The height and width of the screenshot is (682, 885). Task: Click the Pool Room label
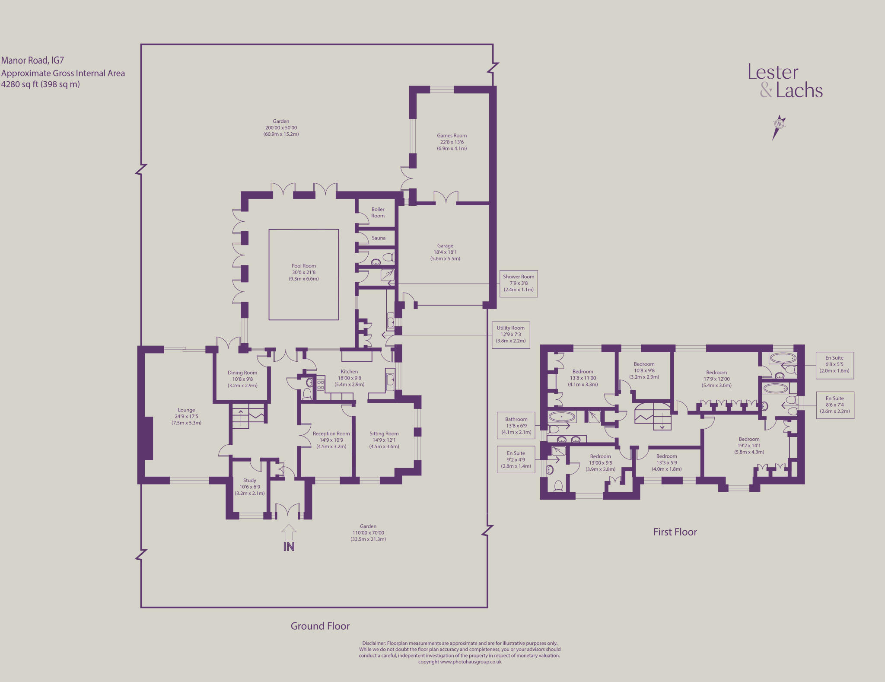(x=304, y=272)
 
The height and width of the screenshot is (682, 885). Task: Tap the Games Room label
(x=452, y=142)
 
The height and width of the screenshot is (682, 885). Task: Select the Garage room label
(x=445, y=252)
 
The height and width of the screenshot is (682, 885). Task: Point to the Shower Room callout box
(x=519, y=284)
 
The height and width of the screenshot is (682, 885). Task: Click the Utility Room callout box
(x=511, y=335)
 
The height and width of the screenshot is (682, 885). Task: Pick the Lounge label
(x=186, y=416)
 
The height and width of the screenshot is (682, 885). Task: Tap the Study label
(x=249, y=487)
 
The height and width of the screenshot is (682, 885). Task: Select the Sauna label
(x=379, y=238)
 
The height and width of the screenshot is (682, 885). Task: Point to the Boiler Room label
(x=378, y=213)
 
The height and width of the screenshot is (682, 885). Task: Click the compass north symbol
(x=779, y=127)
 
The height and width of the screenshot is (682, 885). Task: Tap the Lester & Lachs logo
(x=785, y=81)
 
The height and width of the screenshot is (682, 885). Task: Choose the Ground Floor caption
(x=320, y=626)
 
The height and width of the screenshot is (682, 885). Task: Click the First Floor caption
(x=675, y=532)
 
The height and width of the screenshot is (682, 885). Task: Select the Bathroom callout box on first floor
(x=516, y=426)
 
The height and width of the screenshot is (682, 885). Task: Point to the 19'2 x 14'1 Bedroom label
(x=749, y=446)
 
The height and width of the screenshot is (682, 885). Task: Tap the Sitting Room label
(x=384, y=440)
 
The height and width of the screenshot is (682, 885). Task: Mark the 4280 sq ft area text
(x=40, y=84)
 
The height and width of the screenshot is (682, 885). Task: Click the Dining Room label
(x=242, y=379)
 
